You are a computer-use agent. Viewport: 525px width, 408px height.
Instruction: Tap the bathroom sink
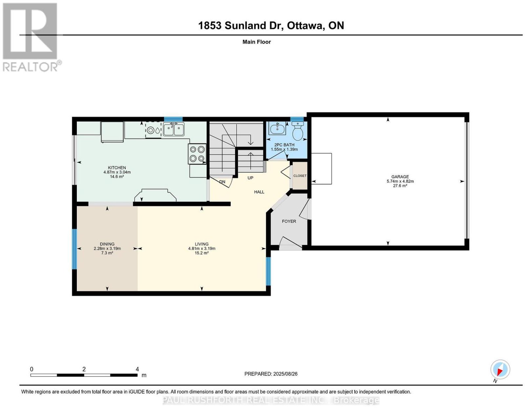click(277, 128)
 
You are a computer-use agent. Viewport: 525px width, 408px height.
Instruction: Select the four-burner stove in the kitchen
click(197, 154)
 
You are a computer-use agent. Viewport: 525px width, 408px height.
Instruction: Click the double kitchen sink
click(174, 129)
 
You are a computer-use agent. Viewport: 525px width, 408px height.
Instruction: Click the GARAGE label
click(400, 177)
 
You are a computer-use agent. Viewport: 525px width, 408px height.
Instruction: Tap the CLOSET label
click(300, 176)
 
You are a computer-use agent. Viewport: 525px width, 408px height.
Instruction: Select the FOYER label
click(289, 221)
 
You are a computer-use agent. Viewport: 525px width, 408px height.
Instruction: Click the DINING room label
click(107, 244)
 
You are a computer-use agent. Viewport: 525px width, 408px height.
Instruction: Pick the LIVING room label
click(202, 244)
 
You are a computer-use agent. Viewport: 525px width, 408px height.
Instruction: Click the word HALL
click(259, 192)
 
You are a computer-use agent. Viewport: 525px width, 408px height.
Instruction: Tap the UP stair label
click(250, 178)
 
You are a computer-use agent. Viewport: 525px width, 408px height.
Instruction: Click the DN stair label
click(222, 182)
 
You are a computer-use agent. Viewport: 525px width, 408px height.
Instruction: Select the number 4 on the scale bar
click(137, 369)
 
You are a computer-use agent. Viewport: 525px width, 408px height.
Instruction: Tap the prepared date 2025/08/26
click(285, 374)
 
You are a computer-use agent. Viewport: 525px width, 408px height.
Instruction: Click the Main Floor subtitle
click(257, 42)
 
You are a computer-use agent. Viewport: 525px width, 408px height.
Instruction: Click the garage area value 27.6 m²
click(400, 186)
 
